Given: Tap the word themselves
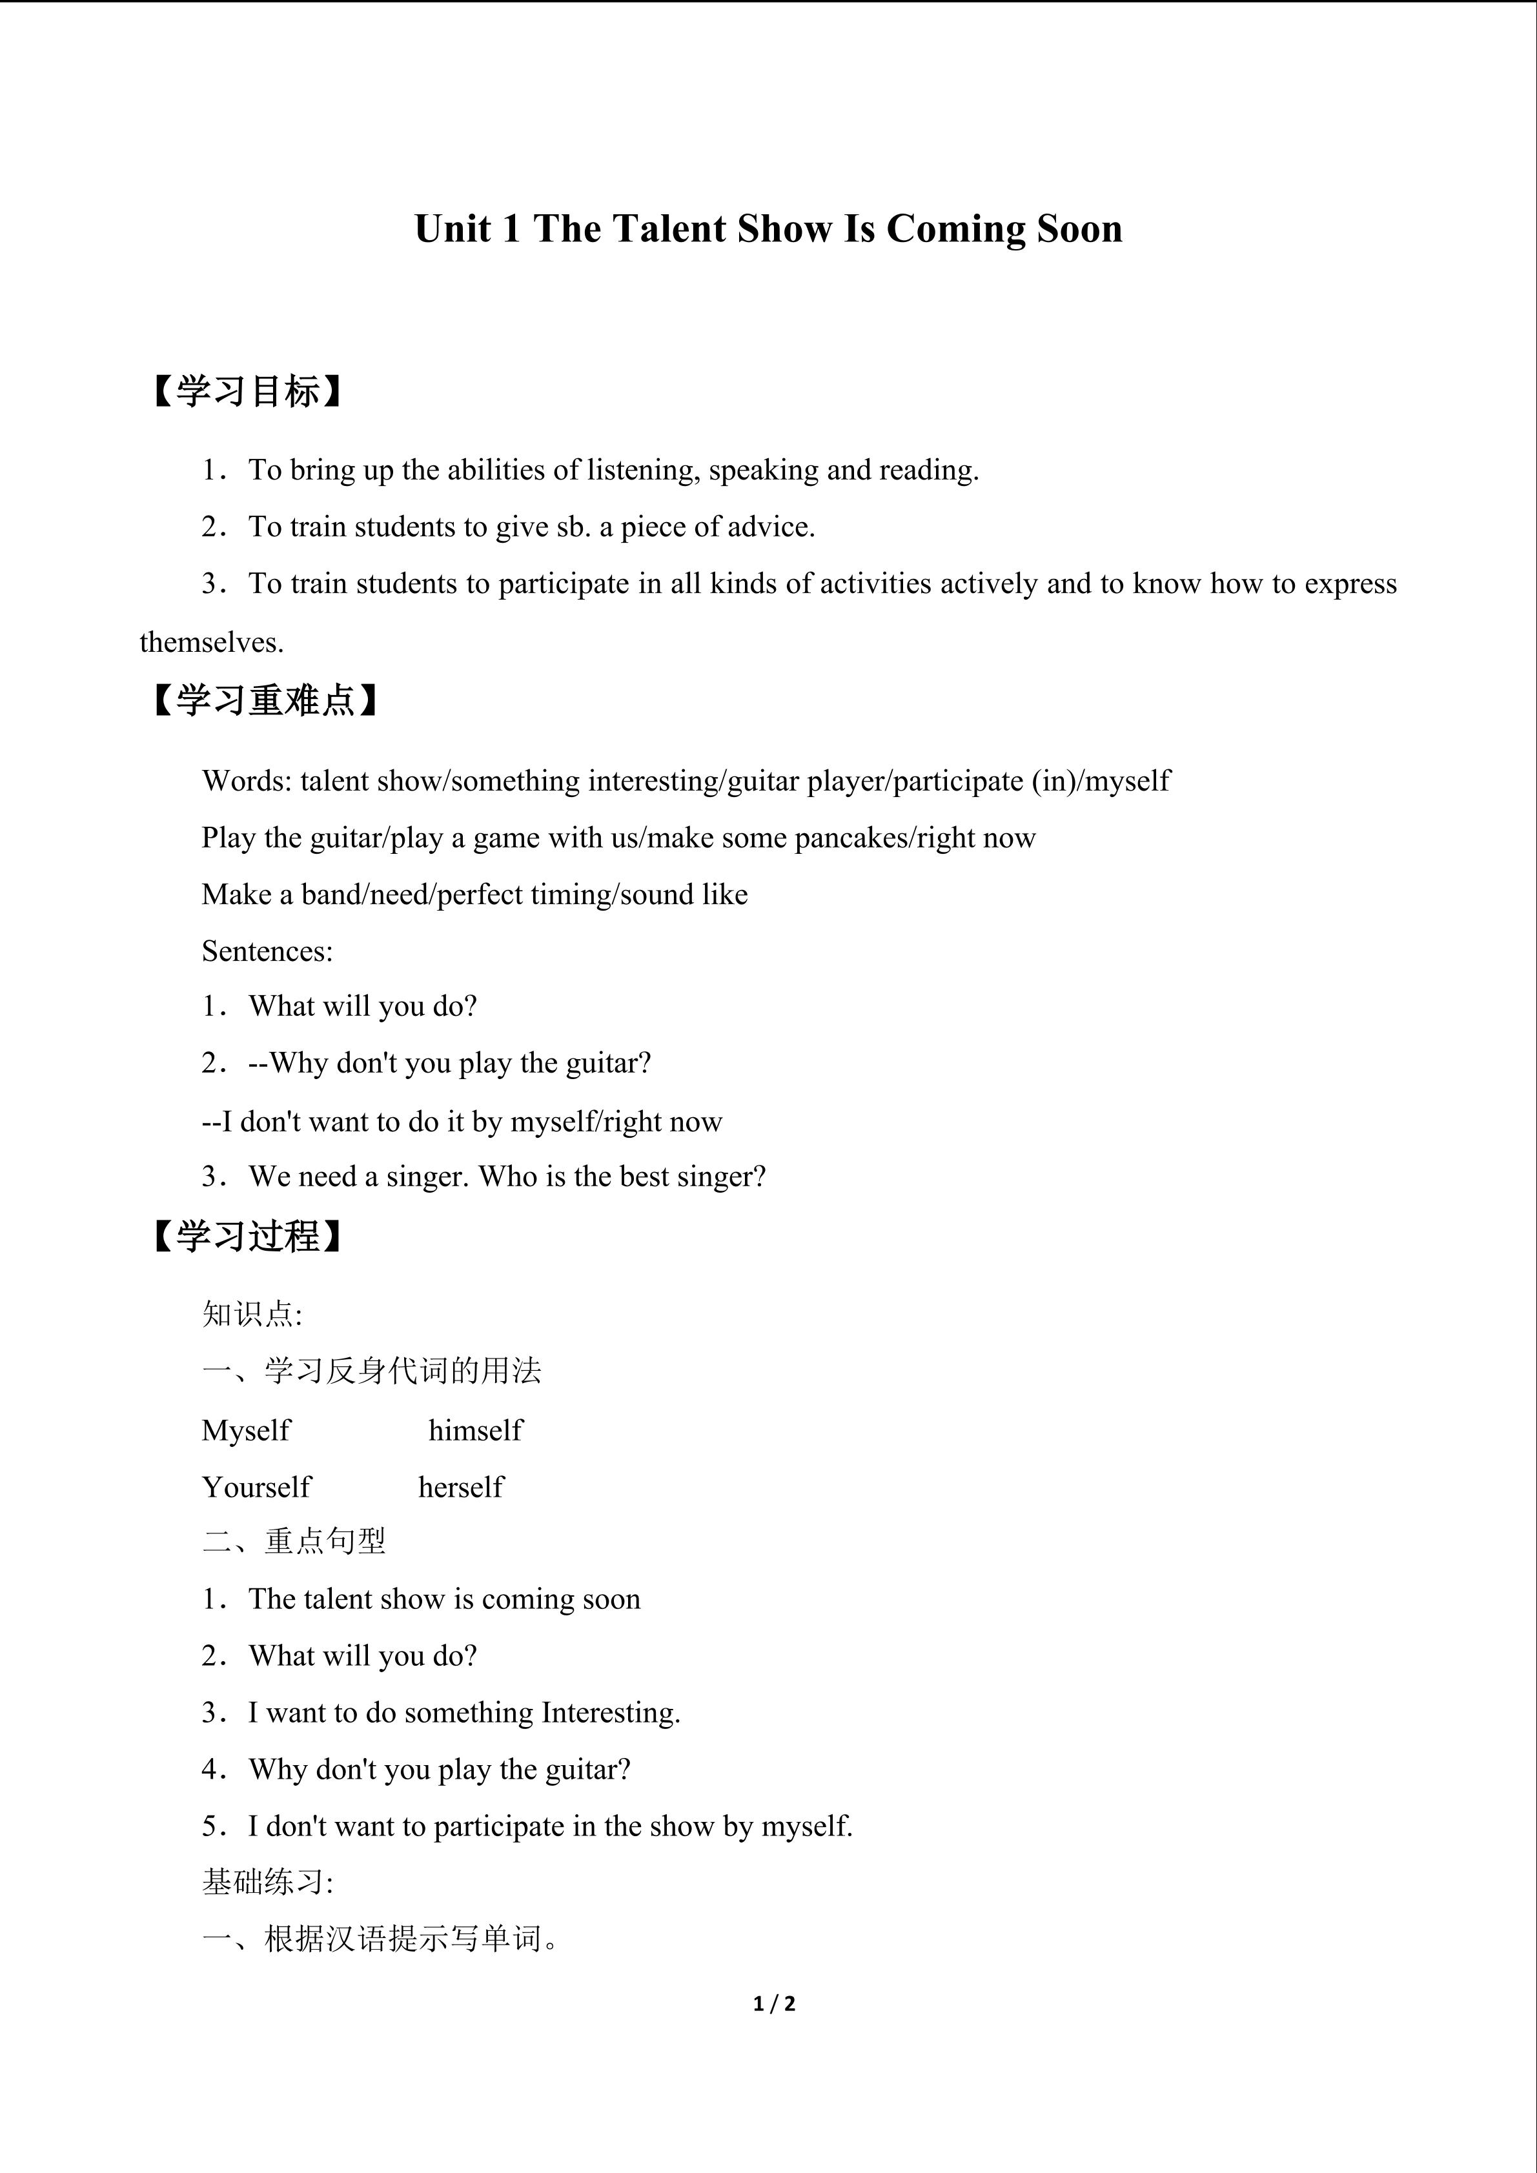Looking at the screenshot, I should (211, 643).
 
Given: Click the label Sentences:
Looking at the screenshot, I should (267, 951).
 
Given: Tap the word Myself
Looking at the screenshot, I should (246, 1430).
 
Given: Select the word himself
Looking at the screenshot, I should (475, 1430).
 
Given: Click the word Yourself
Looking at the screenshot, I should (256, 1487).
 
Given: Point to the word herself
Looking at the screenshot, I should (461, 1487).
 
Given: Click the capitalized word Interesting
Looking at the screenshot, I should (609, 1713).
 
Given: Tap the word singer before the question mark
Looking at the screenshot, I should (717, 1177).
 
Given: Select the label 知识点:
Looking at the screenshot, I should (252, 1315).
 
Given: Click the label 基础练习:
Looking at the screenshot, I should (267, 1883).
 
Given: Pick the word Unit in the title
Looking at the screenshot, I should (453, 229).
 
